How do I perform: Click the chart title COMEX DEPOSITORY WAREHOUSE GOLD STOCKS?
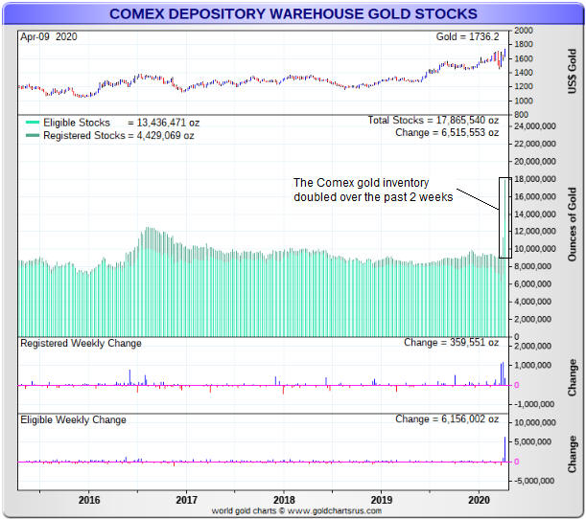click(293, 14)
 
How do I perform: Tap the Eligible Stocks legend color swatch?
click(33, 123)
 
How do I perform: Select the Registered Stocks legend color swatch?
click(33, 136)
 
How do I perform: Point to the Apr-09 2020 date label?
click(49, 36)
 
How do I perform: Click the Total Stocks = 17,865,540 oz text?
click(434, 121)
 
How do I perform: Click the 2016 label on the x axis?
click(89, 500)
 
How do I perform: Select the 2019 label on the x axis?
click(383, 500)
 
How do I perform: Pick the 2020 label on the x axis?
click(480, 500)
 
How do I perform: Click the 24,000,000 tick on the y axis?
click(536, 126)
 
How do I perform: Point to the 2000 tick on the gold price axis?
click(524, 31)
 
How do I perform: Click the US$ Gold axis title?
click(574, 72)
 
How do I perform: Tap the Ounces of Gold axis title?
click(574, 226)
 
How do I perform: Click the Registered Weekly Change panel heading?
click(81, 343)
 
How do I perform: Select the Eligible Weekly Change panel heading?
click(75, 419)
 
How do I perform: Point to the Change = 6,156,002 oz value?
click(447, 419)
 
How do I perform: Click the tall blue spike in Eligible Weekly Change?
click(504, 448)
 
